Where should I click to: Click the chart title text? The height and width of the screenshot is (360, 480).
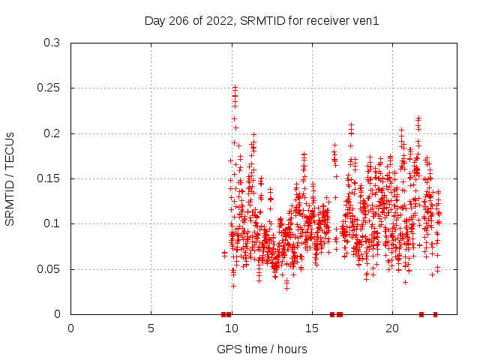tap(262, 20)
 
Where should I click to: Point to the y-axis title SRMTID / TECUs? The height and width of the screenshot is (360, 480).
tap(10, 178)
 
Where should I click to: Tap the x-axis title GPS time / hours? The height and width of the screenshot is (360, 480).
tap(262, 349)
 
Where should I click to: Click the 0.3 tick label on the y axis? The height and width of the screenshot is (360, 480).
tap(52, 43)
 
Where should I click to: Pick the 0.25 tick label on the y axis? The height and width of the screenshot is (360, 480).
tap(49, 88)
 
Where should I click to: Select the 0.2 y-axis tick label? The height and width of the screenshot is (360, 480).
tap(52, 133)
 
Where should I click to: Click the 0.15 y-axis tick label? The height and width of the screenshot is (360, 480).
tap(49, 178)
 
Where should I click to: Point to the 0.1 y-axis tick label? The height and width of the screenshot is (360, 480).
tap(52, 223)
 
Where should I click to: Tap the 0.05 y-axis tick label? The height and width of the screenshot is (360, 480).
tap(49, 269)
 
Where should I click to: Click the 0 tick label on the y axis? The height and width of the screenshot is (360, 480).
tap(57, 314)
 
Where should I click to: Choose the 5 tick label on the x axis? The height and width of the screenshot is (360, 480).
tap(151, 328)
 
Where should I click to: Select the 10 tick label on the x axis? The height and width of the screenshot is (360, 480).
tap(231, 328)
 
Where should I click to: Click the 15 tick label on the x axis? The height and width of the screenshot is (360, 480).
tap(311, 328)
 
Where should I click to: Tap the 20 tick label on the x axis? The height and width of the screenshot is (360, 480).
tap(391, 328)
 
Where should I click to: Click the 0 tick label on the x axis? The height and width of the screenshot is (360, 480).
tap(71, 328)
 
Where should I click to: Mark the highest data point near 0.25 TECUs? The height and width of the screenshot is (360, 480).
tap(235, 88)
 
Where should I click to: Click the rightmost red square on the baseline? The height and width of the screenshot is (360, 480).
tap(435, 314)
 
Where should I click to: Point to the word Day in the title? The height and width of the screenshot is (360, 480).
tap(154, 20)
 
